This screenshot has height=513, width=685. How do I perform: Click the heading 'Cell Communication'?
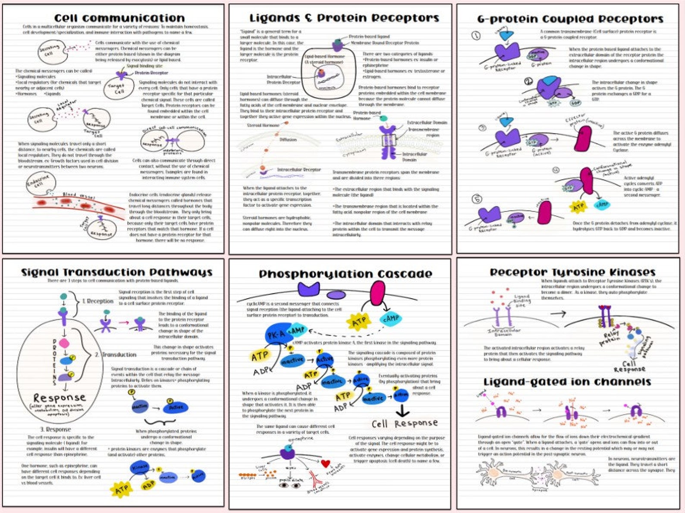[x=119, y=18]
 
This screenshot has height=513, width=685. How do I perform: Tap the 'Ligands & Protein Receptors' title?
[x=344, y=18]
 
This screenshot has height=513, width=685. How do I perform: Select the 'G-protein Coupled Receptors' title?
[x=570, y=19]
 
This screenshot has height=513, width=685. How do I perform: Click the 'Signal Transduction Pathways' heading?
[x=117, y=272]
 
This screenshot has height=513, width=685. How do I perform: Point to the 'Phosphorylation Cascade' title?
[x=345, y=274]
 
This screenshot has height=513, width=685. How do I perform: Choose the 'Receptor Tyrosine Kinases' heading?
[x=572, y=272]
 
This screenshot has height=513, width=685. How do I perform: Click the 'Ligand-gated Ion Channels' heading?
[x=567, y=382]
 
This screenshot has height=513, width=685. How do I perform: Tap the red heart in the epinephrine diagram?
[x=326, y=464]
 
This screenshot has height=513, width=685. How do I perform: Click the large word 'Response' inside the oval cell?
[x=60, y=397]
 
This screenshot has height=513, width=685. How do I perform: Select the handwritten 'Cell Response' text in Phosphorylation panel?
[x=404, y=424]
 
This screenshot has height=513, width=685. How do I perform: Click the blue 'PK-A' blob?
[x=277, y=334]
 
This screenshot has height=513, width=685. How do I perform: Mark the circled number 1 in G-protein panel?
[x=476, y=35]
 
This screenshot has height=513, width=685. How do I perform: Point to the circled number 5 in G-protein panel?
[x=477, y=199]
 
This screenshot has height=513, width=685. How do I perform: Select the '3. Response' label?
[x=55, y=429]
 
